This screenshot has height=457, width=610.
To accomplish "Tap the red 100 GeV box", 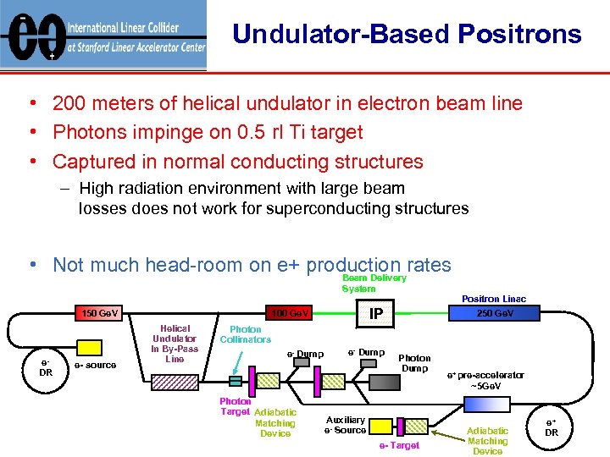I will coord(288,314).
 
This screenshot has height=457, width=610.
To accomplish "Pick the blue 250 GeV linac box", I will coord(495,313).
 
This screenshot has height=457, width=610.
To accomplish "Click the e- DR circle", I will coord(46,366).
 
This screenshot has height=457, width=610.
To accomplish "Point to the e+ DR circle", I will coord(551,427).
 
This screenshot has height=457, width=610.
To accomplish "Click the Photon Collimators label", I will coord(245,334).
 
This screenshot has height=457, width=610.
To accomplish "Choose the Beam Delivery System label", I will coord(374,283).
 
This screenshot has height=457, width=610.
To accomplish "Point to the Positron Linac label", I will coord(493,298).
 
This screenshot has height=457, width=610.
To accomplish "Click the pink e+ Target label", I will coord(399,445).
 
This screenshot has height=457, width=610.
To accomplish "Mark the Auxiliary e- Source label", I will coord(345,425).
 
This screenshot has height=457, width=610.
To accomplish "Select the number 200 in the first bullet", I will coord(69,103).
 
